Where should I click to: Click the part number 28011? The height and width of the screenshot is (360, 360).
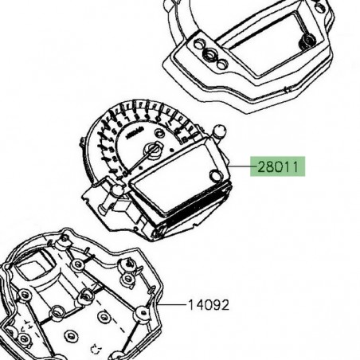(279, 168)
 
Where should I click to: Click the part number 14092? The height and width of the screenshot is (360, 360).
(208, 304)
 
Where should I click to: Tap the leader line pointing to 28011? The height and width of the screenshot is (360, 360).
(240, 167)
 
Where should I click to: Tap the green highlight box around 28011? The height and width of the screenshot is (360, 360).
(279, 168)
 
